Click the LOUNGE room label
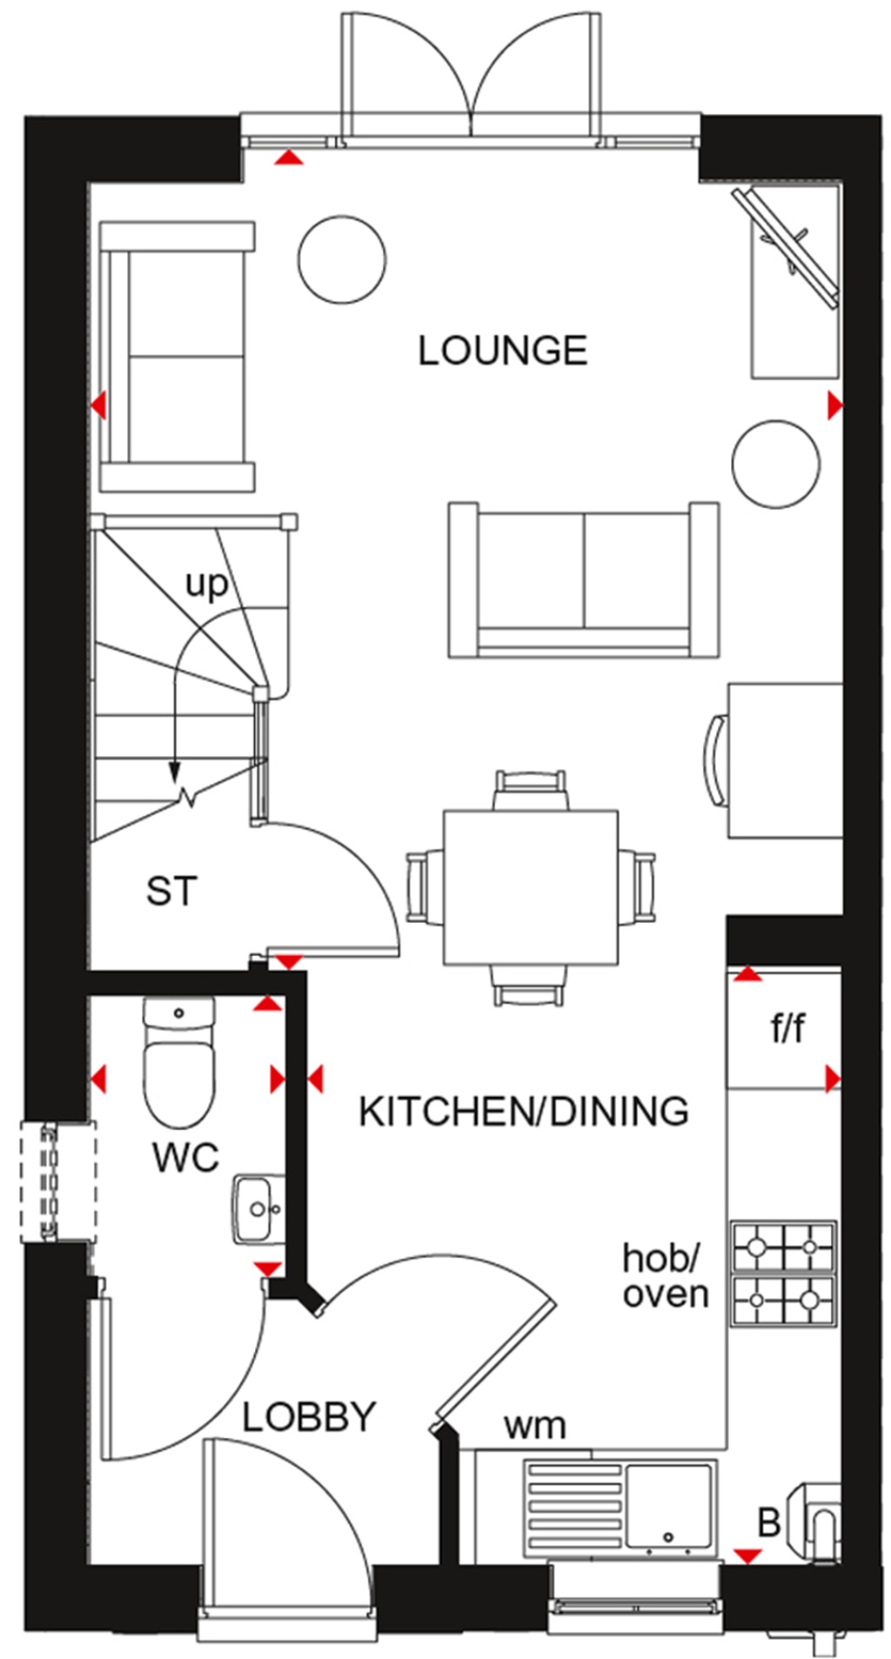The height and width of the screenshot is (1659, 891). click(503, 351)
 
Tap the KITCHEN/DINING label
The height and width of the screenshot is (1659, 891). click(523, 1112)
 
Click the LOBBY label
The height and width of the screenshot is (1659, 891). click(308, 1417)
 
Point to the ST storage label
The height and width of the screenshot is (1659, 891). click(172, 892)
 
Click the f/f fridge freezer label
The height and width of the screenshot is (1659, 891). click(787, 1030)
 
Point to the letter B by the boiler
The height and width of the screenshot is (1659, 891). click(768, 1523)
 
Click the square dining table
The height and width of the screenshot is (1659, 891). click(531, 885)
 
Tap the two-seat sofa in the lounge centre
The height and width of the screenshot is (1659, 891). click(583, 579)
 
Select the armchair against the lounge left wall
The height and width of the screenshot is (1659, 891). click(178, 356)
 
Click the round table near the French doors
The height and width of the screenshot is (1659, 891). click(341, 259)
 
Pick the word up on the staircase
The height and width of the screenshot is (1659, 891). click(206, 585)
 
